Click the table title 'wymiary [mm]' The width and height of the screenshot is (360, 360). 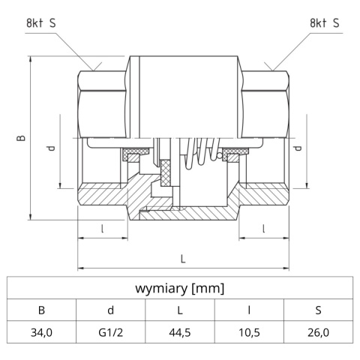pos(180,288)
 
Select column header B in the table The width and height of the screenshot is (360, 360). pos(41,310)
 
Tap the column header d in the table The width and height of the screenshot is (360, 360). pos(110,310)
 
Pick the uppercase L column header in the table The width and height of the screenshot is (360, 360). pos(180,310)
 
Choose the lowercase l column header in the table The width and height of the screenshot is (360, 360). pos(249,310)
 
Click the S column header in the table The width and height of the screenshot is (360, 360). pos(319,310)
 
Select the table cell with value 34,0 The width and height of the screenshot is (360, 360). pos(41,331)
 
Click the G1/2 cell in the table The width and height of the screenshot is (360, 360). pos(110,331)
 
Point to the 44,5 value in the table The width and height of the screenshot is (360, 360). pos(180,331)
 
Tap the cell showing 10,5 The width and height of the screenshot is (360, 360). pos(249,331)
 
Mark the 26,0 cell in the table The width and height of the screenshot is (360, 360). pos(319,331)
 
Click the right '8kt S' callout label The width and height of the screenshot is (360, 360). pos(324,23)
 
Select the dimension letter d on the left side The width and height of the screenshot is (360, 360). pos(50,148)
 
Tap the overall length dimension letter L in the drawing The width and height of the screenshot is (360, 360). pos(183,259)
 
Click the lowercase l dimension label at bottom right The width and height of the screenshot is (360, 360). pos(263,229)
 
